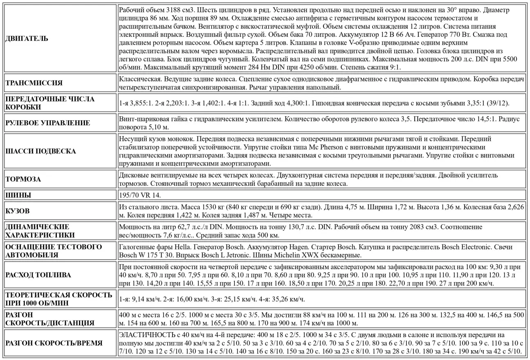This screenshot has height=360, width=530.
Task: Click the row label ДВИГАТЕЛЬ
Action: pyautogui.click(x=27, y=39)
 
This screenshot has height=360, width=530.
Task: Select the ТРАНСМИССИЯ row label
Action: pyautogui.click(x=34, y=83)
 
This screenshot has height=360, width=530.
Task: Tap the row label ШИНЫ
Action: pyautogui.click(x=18, y=195)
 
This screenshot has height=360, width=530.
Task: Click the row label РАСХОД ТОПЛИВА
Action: pyautogui.click(x=38, y=274)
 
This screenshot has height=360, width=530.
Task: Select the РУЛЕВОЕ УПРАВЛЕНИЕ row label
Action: pyautogui.click(x=47, y=123)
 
